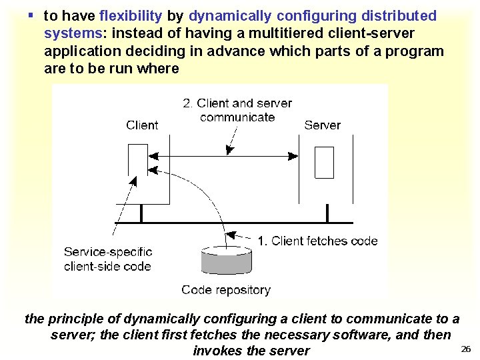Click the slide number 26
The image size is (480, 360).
(466, 349)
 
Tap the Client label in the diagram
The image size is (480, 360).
(142, 125)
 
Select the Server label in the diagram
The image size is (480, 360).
(322, 125)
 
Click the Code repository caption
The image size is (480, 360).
(226, 289)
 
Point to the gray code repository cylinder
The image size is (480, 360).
(227, 261)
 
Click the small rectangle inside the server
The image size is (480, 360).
(324, 162)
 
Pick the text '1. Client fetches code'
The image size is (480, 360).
(317, 241)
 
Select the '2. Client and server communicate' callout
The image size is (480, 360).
(237, 110)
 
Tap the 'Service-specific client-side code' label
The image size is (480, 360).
(107, 259)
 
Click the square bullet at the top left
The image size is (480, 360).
(31, 15)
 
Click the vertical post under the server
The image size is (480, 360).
(327, 213)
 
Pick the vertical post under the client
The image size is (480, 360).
(141, 213)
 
